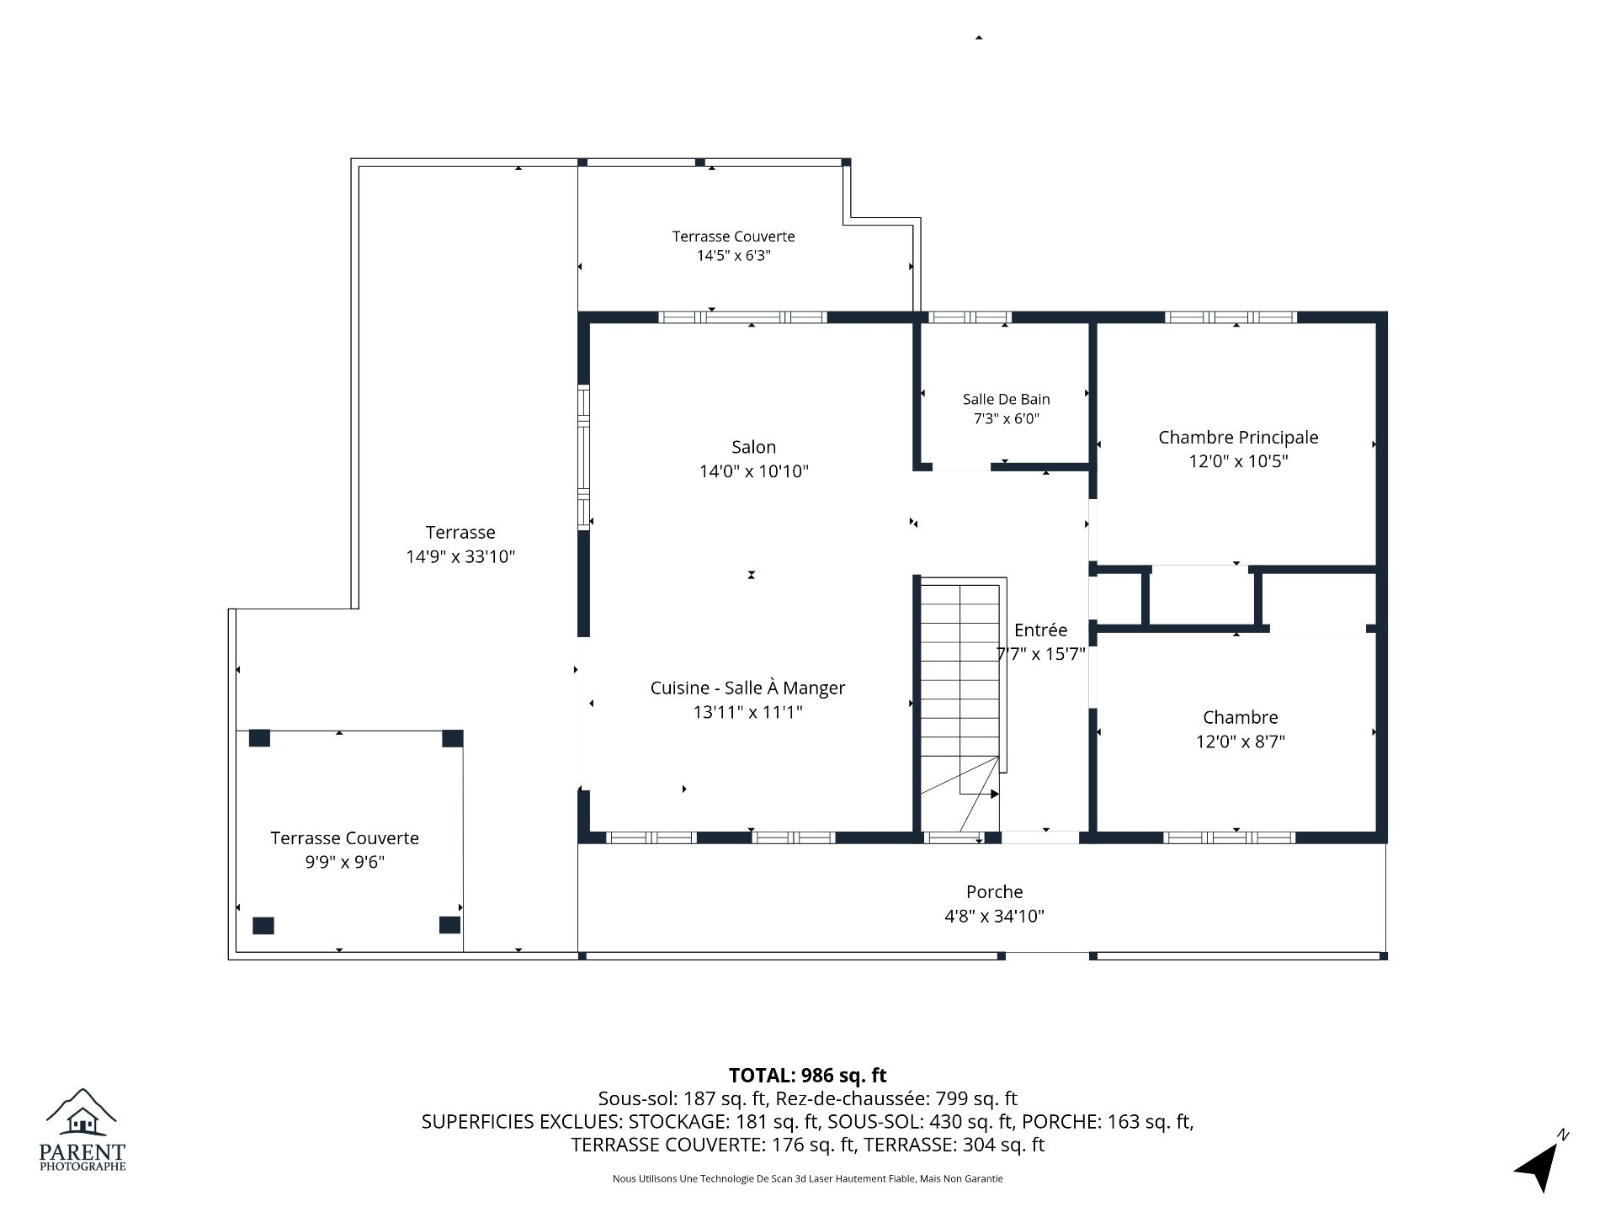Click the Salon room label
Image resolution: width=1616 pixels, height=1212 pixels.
pyautogui.click(x=753, y=447)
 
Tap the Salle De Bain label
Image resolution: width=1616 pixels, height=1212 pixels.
pyautogui.click(x=1006, y=399)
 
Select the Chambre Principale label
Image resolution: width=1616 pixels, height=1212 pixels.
pyautogui.click(x=1238, y=438)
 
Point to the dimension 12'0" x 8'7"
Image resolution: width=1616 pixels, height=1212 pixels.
pyautogui.click(x=1241, y=742)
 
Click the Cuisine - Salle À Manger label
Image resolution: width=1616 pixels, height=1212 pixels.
pyautogui.click(x=747, y=688)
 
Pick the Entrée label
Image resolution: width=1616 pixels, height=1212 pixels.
pyautogui.click(x=1040, y=630)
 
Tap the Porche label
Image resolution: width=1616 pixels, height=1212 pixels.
pyautogui.click(x=994, y=892)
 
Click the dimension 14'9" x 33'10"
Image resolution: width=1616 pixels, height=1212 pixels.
pyautogui.click(x=460, y=556)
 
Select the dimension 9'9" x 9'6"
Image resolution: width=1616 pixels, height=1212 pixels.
pyautogui.click(x=344, y=862)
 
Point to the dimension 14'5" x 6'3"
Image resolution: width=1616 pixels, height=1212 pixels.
pyautogui.click(x=733, y=255)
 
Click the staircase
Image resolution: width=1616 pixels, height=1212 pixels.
pyautogui.click(x=959, y=686)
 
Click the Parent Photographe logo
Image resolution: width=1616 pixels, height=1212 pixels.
pyautogui.click(x=82, y=1130)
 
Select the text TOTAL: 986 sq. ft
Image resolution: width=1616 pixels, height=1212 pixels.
pyautogui.click(x=807, y=1075)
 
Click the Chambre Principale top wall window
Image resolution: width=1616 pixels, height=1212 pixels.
pyautogui.click(x=1231, y=317)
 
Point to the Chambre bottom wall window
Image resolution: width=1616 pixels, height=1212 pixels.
pyautogui.click(x=1229, y=837)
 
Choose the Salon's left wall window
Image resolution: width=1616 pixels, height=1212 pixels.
pyautogui.click(x=583, y=457)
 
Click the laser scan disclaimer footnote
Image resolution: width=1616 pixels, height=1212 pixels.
pyautogui.click(x=807, y=1179)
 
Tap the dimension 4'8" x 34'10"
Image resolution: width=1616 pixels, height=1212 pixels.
pyautogui.click(x=994, y=916)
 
